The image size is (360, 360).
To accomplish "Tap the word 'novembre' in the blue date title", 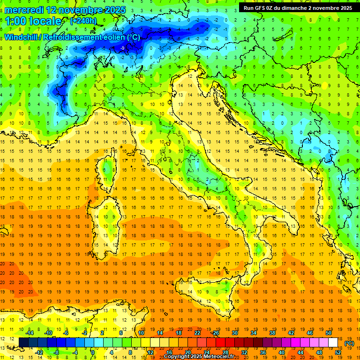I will [80, 10].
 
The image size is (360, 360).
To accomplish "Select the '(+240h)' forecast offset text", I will [83, 21].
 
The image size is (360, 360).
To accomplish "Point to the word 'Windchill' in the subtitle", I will [22, 37].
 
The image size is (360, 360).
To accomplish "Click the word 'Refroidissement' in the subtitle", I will [73, 37].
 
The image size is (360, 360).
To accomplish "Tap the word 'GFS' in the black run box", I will [262, 7].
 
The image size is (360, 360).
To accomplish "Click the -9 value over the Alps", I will [122, 48].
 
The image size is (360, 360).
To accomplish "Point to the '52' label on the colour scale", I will [338, 352].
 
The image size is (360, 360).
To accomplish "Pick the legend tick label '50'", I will [328, 333].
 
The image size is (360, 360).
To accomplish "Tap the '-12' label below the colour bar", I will [39, 352].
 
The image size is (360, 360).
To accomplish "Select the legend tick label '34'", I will [254, 333].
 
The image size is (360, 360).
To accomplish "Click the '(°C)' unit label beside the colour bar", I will [349, 343].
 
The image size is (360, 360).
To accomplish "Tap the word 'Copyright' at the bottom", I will [177, 357].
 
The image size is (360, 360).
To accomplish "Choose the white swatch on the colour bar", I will [333, 343].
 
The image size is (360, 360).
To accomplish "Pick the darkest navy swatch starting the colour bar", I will [23, 343].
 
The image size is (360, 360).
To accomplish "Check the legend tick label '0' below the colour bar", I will [93, 352].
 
